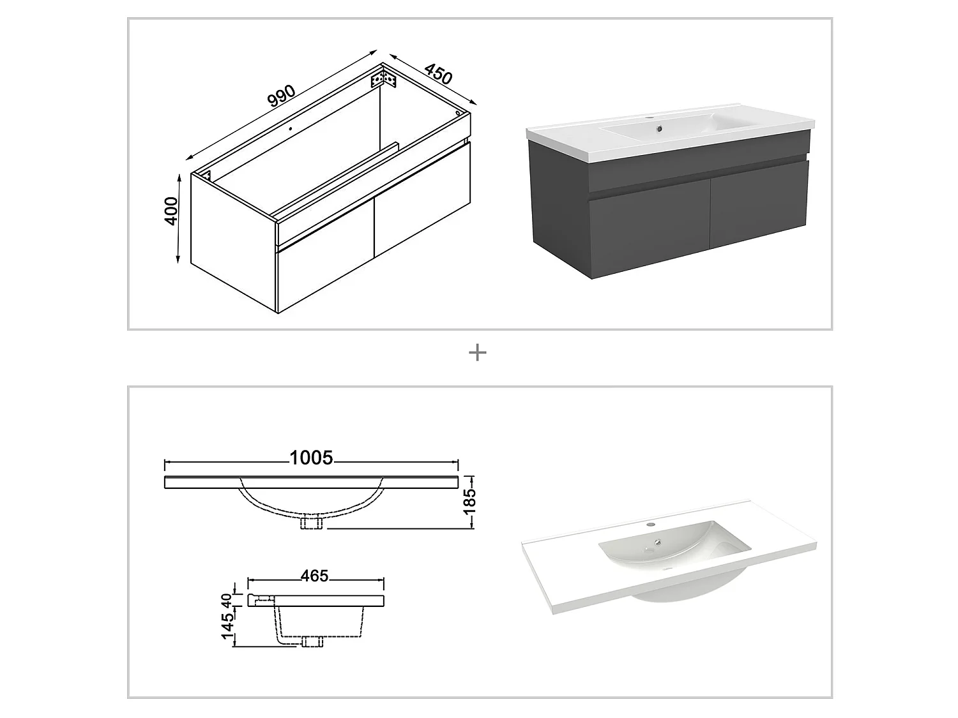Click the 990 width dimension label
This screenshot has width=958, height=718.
click(x=281, y=96)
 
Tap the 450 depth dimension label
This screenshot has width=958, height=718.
click(x=438, y=74)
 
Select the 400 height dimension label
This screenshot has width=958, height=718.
click(x=171, y=211)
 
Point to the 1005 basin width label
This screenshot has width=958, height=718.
click(x=311, y=458)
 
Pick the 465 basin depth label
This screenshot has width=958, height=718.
click(x=314, y=576)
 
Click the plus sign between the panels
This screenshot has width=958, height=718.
click(x=478, y=352)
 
